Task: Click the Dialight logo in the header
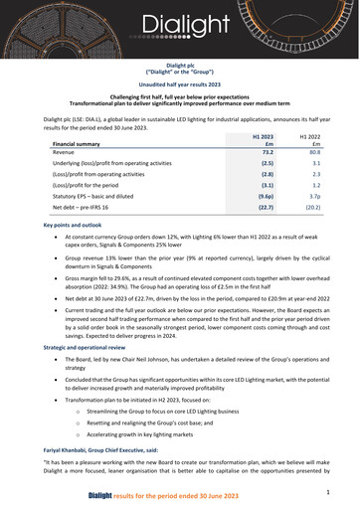click(179, 23)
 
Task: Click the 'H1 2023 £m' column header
click(264, 139)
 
